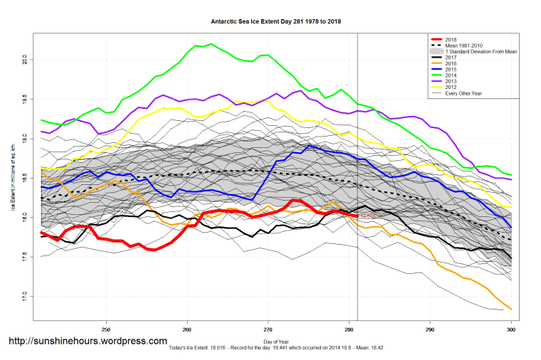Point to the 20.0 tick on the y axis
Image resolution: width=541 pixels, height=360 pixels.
[x=25, y=58]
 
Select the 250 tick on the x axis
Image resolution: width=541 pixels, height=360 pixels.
[x=106, y=329]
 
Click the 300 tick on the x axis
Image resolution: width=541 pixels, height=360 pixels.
[x=510, y=329]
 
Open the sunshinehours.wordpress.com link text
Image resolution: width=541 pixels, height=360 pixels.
[x=88, y=341]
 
